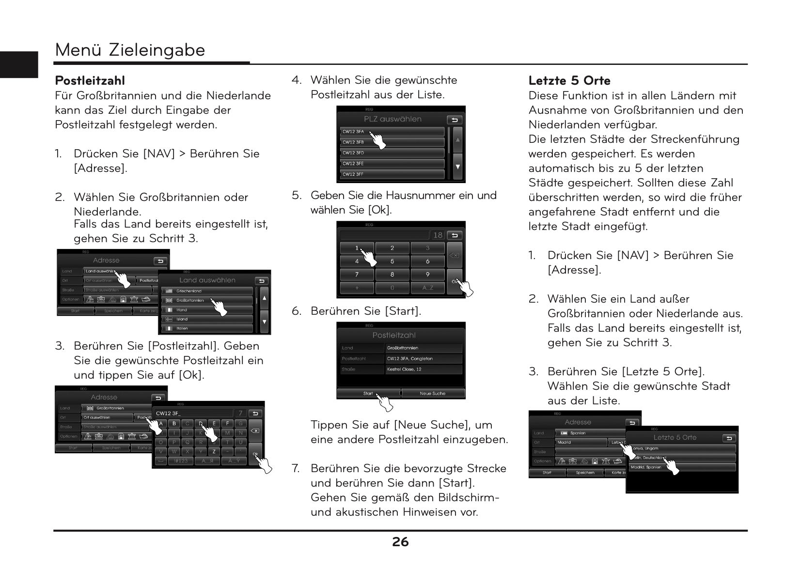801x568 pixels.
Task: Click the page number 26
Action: (x=400, y=542)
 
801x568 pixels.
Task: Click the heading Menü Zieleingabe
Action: (x=130, y=50)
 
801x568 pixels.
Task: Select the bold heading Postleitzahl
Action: (x=90, y=80)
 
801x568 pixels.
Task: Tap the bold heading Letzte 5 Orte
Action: (x=569, y=80)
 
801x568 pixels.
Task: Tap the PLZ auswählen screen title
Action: (x=393, y=119)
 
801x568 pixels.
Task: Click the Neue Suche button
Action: (x=432, y=393)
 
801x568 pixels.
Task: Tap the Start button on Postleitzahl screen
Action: (x=368, y=393)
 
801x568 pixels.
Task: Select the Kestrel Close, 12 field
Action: (x=424, y=369)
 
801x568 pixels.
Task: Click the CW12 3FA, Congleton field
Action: (x=424, y=358)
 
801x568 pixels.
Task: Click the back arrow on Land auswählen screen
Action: (x=262, y=281)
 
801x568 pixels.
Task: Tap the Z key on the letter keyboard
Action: (x=214, y=451)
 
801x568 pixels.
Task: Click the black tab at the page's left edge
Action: (x=18, y=64)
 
